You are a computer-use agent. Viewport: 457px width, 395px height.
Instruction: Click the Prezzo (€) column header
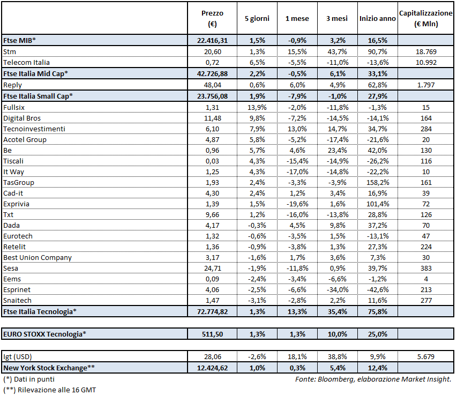click(213, 18)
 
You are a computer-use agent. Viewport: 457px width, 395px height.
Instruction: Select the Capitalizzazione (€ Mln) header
click(426, 18)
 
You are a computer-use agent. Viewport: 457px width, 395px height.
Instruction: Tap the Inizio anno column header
click(377, 18)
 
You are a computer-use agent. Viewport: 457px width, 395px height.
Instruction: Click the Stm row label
click(9, 51)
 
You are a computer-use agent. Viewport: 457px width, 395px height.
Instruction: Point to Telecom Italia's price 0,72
click(213, 62)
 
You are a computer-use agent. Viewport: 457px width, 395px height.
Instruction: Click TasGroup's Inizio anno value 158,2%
click(377, 182)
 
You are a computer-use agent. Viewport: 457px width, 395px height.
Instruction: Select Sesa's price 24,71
click(213, 268)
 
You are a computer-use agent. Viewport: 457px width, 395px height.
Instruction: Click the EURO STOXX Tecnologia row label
click(44, 334)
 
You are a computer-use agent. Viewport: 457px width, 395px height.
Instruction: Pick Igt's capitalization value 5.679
click(426, 356)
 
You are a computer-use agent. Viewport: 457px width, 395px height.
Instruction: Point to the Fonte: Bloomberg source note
click(373, 379)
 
